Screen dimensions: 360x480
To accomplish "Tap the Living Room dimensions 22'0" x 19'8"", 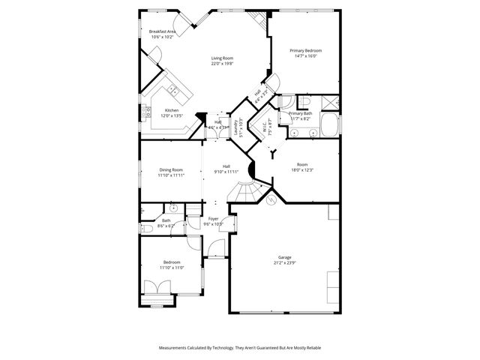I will coord(222,64).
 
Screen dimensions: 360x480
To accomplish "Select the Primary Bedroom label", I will coord(306,50).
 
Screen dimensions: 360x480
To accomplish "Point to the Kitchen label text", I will coord(172,110).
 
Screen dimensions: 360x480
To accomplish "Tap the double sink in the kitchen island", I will coord(173,91).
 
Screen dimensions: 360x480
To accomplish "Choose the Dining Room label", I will coord(171,169).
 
